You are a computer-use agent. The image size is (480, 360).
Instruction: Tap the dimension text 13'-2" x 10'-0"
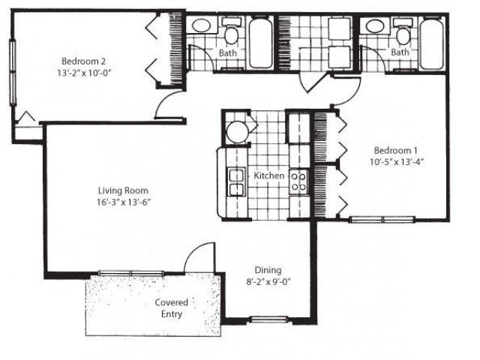(x=87, y=73)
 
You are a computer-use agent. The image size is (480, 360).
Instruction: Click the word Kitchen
(x=268, y=175)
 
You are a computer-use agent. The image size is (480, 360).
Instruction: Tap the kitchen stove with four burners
(x=298, y=180)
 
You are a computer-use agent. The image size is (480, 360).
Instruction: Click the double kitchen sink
(x=236, y=180)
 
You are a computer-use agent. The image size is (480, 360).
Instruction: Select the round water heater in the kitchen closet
(x=235, y=130)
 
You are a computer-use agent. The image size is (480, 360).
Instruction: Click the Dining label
(x=267, y=270)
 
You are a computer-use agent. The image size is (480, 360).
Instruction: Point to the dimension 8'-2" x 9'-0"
(x=267, y=282)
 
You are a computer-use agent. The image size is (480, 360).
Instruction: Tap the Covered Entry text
(x=172, y=307)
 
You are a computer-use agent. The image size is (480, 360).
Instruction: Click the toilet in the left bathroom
(x=231, y=34)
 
